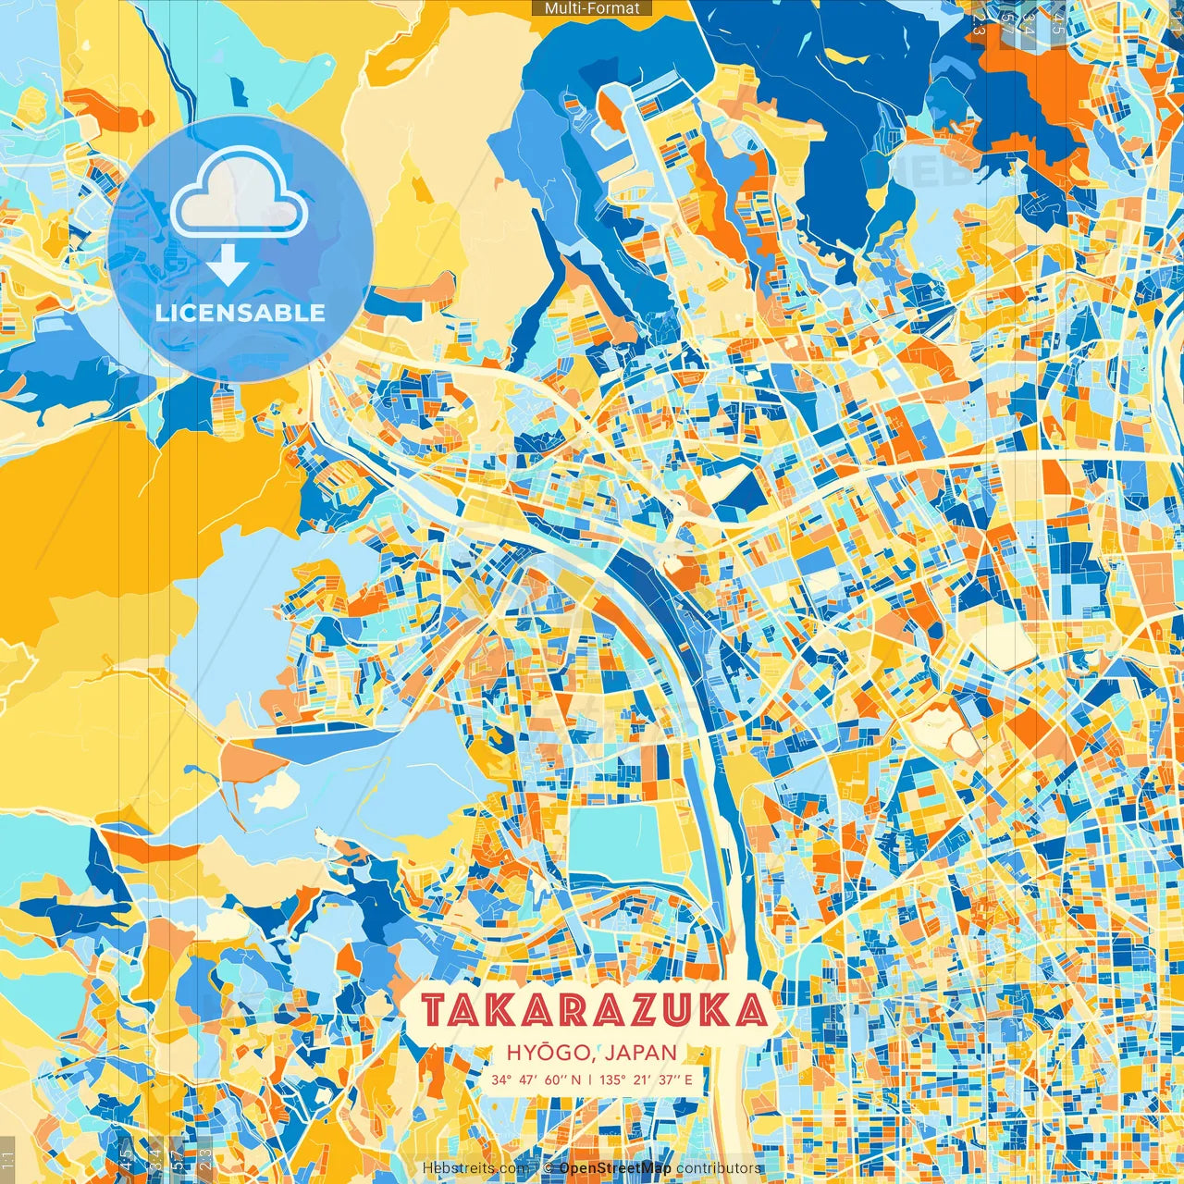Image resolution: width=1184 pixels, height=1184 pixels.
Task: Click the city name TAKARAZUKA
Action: (595, 1010)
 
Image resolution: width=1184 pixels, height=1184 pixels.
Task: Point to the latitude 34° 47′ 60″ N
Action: (536, 1079)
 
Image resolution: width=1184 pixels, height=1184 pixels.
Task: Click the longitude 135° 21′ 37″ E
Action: (646, 1079)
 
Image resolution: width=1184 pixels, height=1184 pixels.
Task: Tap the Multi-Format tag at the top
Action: (592, 8)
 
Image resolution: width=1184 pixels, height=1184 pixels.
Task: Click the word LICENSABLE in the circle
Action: (240, 313)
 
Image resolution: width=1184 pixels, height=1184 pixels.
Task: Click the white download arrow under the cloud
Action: (228, 267)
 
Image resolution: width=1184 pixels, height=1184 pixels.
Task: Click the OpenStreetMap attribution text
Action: (615, 1168)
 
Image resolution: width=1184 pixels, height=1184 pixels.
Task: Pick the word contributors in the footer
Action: (719, 1168)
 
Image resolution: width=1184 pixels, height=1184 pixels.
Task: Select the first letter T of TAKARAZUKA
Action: (434, 1011)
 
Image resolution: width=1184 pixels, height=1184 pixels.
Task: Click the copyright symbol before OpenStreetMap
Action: (549, 1168)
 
